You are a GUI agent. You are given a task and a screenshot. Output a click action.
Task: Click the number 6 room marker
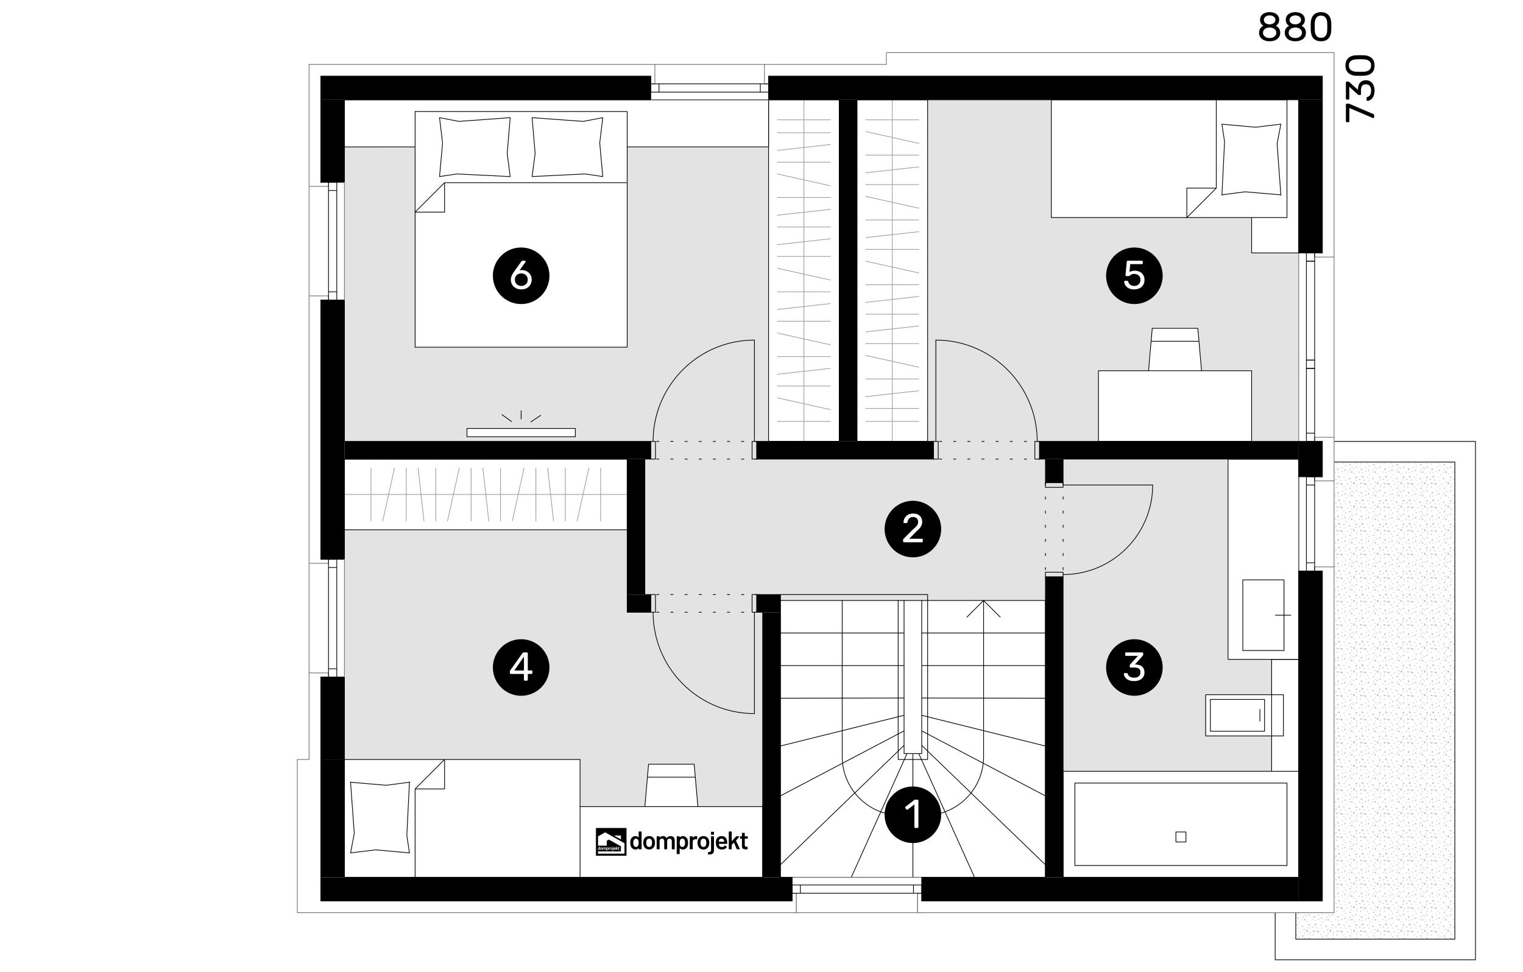(x=520, y=276)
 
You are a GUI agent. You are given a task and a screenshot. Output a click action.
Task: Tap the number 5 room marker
(x=1134, y=276)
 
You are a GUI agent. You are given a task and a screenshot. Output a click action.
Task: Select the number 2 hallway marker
(x=913, y=529)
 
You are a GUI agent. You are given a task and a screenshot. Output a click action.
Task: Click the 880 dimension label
(x=1295, y=29)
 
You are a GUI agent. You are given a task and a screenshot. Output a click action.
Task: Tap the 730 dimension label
(x=1360, y=88)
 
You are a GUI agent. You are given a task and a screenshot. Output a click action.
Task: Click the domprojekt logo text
(x=689, y=841)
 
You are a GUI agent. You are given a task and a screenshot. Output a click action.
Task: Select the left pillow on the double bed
(x=475, y=147)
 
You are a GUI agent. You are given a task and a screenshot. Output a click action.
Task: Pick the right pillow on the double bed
(x=567, y=147)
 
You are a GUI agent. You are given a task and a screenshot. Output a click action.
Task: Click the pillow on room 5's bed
(x=1251, y=159)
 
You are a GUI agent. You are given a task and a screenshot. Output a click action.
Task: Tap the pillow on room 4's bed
(x=380, y=817)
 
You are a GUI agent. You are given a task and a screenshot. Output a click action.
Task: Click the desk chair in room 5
(x=1175, y=349)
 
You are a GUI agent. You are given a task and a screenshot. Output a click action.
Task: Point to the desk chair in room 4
(x=671, y=785)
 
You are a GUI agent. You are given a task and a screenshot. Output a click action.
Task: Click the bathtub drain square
(x=1180, y=837)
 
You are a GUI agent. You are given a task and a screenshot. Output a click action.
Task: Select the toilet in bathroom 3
(x=1244, y=715)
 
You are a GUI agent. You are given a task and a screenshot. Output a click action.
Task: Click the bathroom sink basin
(x=1263, y=615)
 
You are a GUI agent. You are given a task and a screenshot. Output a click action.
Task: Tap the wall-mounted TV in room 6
(x=520, y=432)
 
